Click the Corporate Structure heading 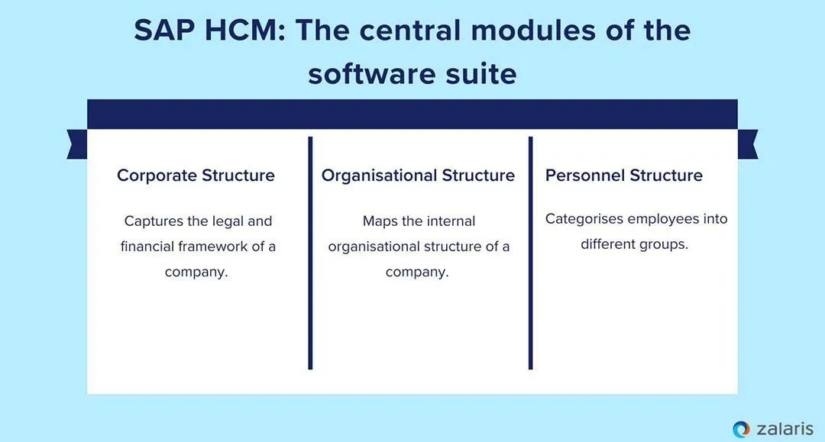pyautogui.click(x=196, y=176)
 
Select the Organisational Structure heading pyautogui.click(x=418, y=176)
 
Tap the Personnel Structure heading pyautogui.click(x=623, y=176)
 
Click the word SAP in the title pyautogui.click(x=163, y=31)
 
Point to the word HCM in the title pyautogui.click(x=242, y=31)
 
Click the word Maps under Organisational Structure pyautogui.click(x=380, y=221)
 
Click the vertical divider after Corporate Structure pyautogui.click(x=311, y=253)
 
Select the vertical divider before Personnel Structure pyautogui.click(x=531, y=253)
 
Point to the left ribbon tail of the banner pyautogui.click(x=76, y=144)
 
